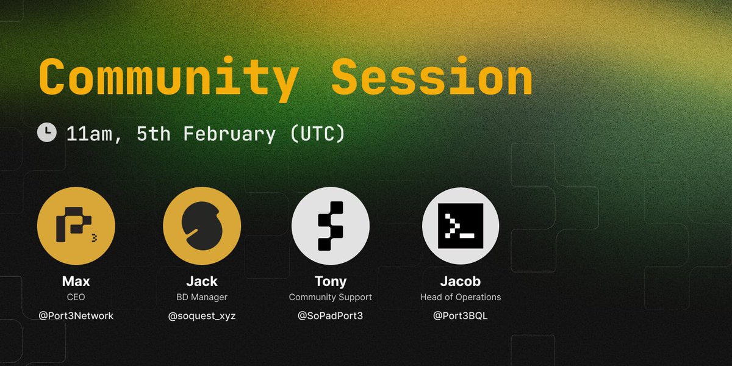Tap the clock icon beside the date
[x=47, y=132]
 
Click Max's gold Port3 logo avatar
[x=76, y=226]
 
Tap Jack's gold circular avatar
[x=202, y=226]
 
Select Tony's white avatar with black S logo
[x=330, y=226]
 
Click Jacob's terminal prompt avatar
[x=461, y=226]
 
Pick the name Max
[x=76, y=282]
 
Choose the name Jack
[x=202, y=282]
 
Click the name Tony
[x=330, y=282]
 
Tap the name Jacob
[x=461, y=282]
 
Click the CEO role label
[x=76, y=297]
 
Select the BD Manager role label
[x=202, y=297]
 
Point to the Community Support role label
[x=330, y=297]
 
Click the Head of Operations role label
[x=461, y=297]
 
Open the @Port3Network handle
[x=76, y=316]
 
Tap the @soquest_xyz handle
[x=202, y=316]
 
